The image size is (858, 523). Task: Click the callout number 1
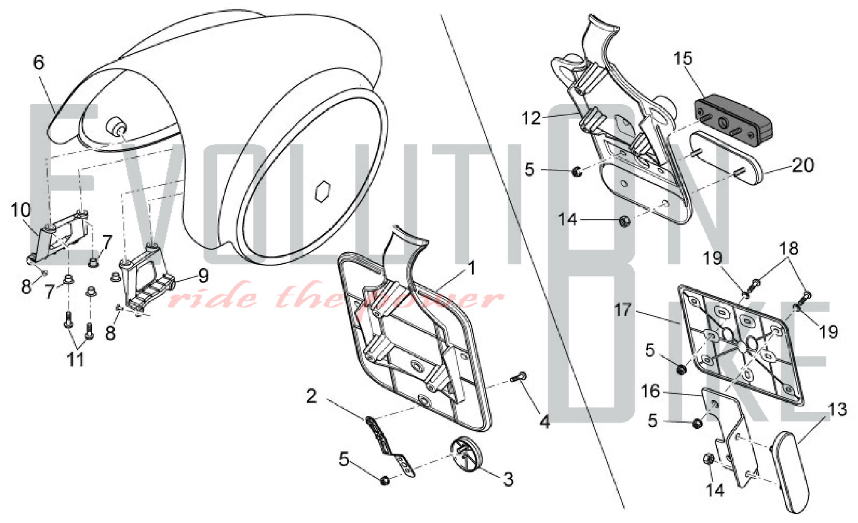click(x=472, y=269)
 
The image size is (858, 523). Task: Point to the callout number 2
click(x=311, y=396)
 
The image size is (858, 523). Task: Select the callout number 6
click(x=39, y=63)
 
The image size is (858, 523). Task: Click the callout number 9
click(x=203, y=276)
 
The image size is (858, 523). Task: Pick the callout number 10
click(x=21, y=210)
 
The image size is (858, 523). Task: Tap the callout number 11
click(x=76, y=360)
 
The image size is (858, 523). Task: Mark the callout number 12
click(x=531, y=118)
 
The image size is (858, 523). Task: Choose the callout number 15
click(x=683, y=58)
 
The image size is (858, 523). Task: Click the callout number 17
click(x=623, y=310)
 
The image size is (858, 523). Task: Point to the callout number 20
click(x=803, y=165)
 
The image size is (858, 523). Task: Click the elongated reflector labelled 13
click(x=791, y=472)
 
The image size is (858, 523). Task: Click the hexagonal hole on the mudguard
click(x=322, y=191)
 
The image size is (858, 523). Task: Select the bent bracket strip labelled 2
click(x=389, y=446)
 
